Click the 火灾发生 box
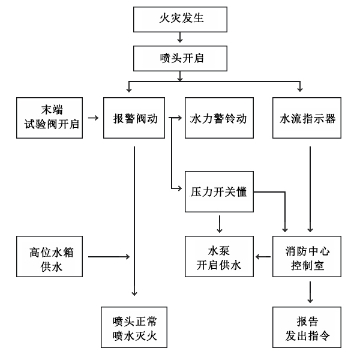(179, 20)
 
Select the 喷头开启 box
(179, 58)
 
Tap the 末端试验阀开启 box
(49, 118)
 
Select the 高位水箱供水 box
(49, 257)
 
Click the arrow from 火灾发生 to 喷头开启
(179, 39)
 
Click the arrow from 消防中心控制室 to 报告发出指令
(310, 291)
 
